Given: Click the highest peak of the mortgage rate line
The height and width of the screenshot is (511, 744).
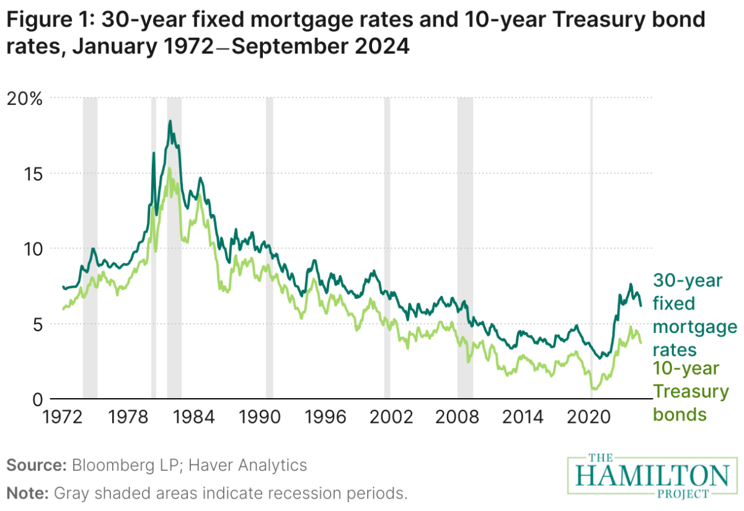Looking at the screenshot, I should point(169,121).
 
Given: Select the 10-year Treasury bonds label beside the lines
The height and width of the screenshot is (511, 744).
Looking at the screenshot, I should point(691,392).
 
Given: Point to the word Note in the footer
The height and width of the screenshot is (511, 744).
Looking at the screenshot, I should point(25,494).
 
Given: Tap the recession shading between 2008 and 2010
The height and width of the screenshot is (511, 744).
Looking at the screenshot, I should point(465,248).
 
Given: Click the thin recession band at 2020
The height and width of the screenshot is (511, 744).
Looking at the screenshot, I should point(591,248).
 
